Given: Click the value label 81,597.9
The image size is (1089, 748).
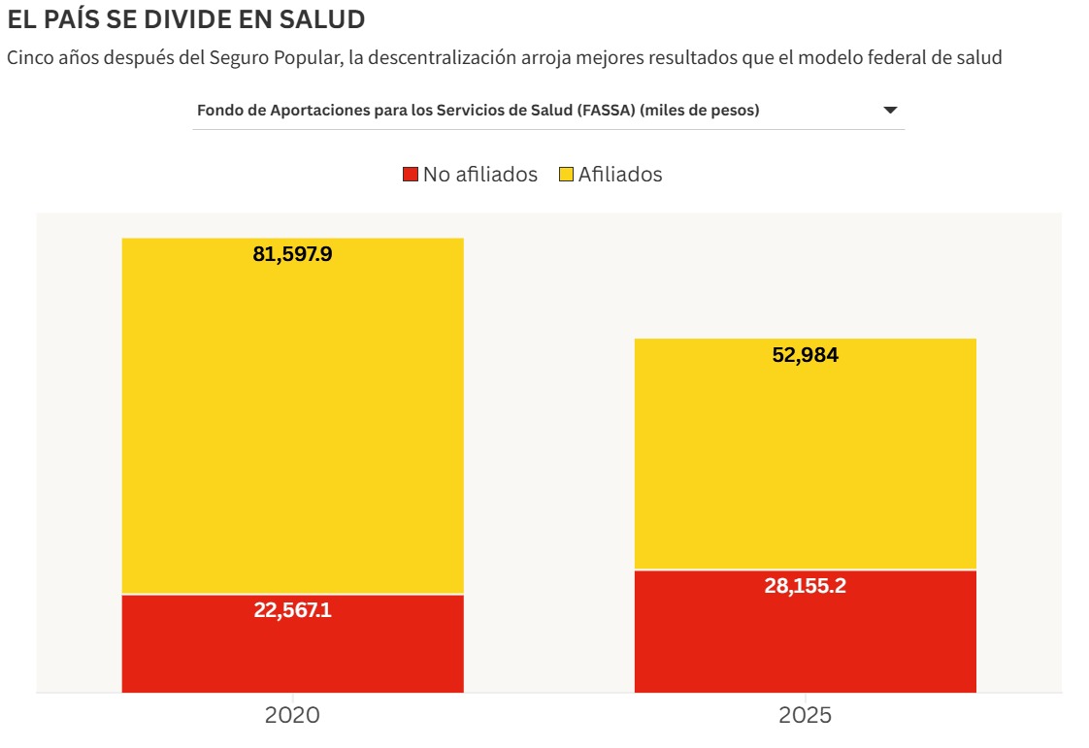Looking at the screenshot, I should [292, 255].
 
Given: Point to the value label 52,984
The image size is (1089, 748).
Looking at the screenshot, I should [805, 355].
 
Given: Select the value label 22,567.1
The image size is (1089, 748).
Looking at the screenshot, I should [292, 611].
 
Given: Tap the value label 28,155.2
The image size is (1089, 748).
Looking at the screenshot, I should [805, 586].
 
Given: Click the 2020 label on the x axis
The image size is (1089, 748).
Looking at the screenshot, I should [292, 716].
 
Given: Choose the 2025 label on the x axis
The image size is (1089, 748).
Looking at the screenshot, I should [805, 716].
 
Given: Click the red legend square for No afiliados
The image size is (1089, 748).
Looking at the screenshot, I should [411, 175].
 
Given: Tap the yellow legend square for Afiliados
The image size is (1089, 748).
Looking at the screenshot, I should [567, 175].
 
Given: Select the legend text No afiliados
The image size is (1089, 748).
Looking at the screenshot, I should [479, 175].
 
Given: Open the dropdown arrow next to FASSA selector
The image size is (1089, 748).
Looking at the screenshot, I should [890, 111].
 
